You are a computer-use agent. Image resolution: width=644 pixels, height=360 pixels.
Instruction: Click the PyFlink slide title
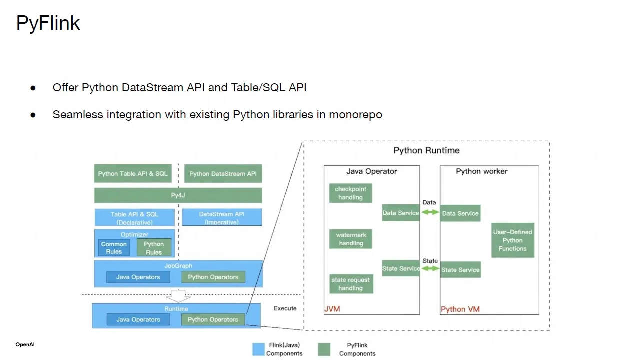(x=48, y=24)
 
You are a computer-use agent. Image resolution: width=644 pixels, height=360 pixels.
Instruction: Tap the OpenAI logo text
(x=25, y=345)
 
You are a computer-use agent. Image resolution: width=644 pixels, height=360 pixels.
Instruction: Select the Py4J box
(x=178, y=195)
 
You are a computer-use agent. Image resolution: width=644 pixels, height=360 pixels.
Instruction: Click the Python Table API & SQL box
(x=133, y=174)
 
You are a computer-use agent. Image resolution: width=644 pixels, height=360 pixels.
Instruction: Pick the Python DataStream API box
(x=223, y=174)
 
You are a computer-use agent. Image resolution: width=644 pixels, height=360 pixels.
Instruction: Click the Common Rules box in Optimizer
(x=114, y=248)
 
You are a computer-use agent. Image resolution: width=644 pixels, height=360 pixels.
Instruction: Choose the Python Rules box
(x=154, y=248)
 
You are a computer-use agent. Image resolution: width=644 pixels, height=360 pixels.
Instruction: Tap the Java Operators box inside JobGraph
(x=138, y=277)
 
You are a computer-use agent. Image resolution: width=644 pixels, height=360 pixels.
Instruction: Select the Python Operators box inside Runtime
(x=213, y=320)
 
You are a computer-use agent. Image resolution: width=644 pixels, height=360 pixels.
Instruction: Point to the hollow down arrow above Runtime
(x=178, y=295)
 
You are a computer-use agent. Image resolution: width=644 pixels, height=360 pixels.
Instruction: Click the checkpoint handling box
(x=350, y=193)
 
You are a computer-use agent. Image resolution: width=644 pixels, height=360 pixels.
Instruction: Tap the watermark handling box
(x=351, y=239)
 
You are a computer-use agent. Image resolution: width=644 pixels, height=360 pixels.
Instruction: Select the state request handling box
(x=350, y=284)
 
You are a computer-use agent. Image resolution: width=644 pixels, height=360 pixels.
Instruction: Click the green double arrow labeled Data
(x=430, y=212)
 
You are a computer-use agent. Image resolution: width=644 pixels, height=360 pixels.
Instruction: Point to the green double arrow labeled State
(x=430, y=269)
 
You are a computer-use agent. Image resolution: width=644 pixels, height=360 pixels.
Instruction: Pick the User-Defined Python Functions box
(x=512, y=240)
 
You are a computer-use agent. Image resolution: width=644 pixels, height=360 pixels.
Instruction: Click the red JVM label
(x=332, y=309)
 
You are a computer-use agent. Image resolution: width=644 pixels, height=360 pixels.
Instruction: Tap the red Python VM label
(x=460, y=309)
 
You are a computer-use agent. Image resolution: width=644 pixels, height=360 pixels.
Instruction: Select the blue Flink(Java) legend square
(x=259, y=349)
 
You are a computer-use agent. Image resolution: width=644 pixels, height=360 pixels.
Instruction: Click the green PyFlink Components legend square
(x=324, y=349)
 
